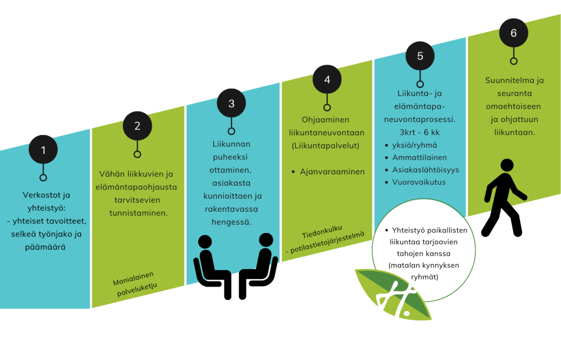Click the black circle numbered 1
pyautogui.click(x=43, y=149)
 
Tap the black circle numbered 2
pyautogui.click(x=137, y=126)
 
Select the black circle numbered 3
pyautogui.click(x=231, y=103)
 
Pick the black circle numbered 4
pyautogui.click(x=327, y=79)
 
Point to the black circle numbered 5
pyautogui.click(x=420, y=56)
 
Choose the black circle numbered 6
pyautogui.click(x=513, y=33)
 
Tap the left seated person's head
pyautogui.click(x=205, y=242)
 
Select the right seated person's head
pyautogui.click(x=266, y=240)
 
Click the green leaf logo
pyautogui.click(x=393, y=295)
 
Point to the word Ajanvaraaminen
pyautogui.click(x=332, y=172)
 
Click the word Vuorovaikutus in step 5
pyautogui.click(x=419, y=182)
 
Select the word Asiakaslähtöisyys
pyautogui.click(x=426, y=170)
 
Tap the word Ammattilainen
pyautogui.click(x=419, y=158)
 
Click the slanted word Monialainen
pyautogui.click(x=133, y=279)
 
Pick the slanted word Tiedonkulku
pyautogui.click(x=322, y=232)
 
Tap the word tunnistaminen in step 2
pyautogui.click(x=138, y=213)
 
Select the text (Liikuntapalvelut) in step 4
pyautogui.click(x=325, y=146)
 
